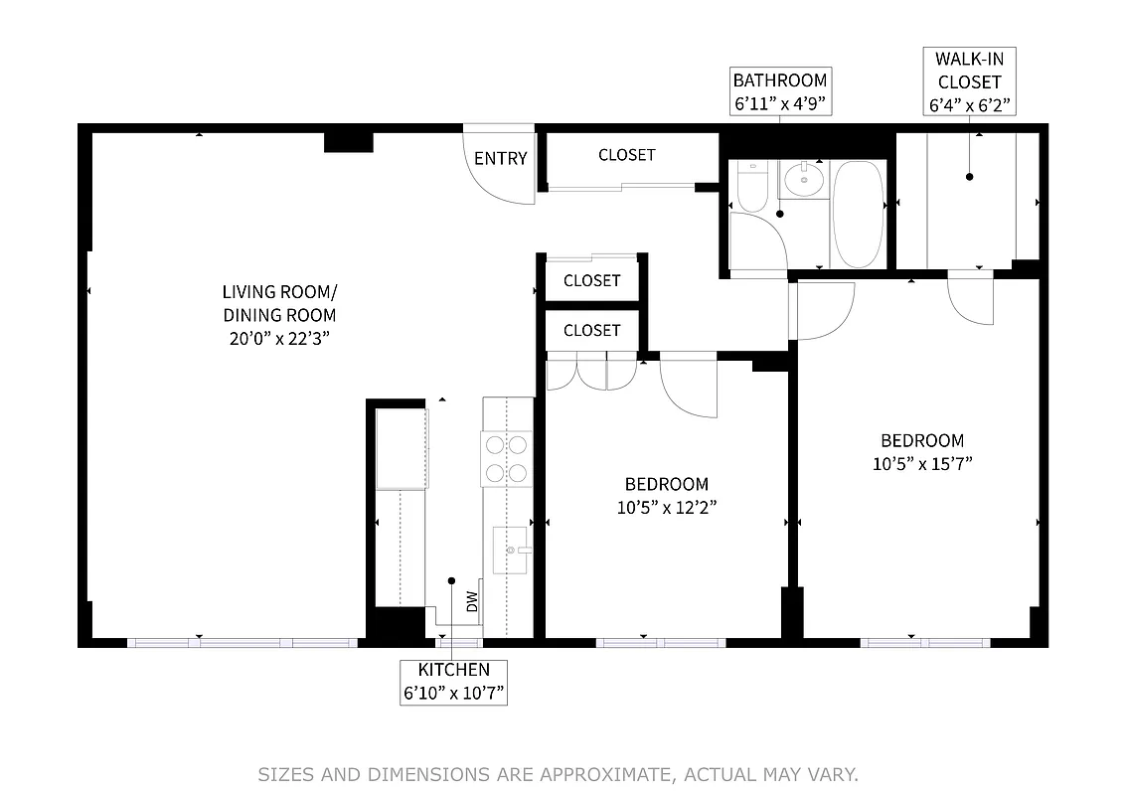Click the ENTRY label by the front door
(500, 159)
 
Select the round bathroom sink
(803, 180)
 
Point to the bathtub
(857, 214)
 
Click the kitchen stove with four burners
(507, 458)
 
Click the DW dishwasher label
(473, 600)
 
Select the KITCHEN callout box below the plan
(454, 682)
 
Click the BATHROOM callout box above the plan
(779, 91)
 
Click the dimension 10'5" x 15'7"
(922, 463)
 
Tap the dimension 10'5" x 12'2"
(666, 507)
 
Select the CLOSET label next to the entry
(627, 155)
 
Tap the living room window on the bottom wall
(243, 643)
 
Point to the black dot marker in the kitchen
(451, 580)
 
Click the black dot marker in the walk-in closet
(970, 177)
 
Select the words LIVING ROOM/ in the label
(279, 292)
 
